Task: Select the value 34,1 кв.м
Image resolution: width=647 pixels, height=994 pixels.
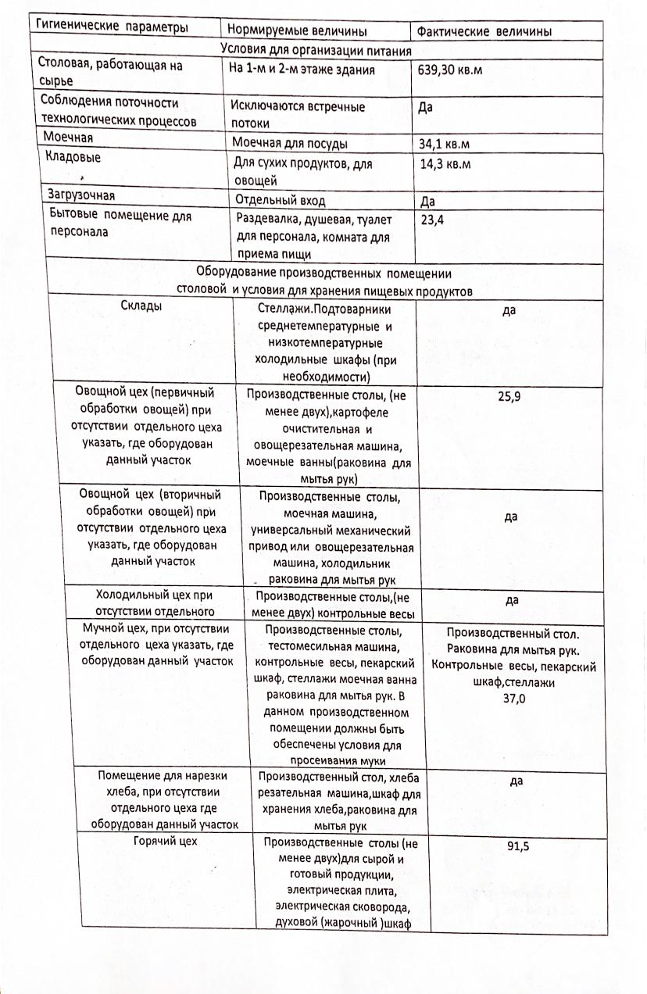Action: tap(445, 144)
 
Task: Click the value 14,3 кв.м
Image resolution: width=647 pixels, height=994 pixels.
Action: tap(445, 164)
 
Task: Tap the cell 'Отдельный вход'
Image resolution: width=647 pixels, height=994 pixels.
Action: tap(280, 198)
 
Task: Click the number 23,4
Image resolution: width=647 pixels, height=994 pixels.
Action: tap(432, 220)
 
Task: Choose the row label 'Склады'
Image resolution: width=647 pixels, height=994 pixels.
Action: tap(141, 306)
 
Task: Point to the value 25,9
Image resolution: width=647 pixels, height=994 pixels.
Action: tap(509, 397)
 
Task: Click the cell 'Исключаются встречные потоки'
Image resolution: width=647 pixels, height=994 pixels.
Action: tap(298, 114)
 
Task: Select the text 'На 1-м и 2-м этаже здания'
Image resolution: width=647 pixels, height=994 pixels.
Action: tap(302, 70)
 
